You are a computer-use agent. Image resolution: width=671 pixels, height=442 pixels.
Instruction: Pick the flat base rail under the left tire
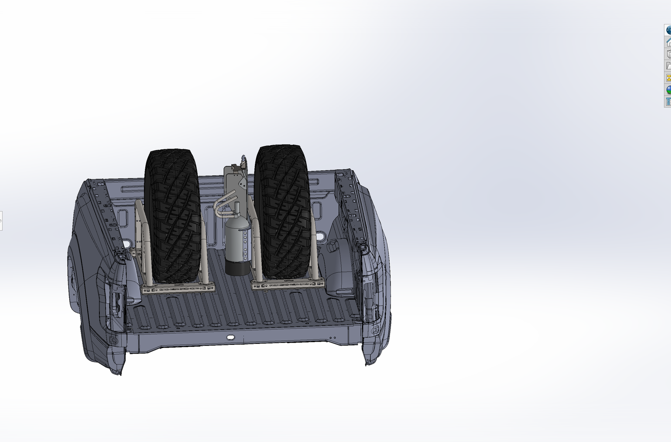[178, 289]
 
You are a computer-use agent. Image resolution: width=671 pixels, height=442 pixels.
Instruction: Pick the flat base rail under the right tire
[288, 284]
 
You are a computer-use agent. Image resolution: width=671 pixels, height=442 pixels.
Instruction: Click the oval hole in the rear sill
[230, 337]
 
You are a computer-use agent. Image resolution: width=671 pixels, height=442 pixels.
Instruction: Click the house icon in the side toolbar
[668, 42]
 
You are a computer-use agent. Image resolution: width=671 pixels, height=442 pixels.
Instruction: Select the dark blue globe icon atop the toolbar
[668, 30]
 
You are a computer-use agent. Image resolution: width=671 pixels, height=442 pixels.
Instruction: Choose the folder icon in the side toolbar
[668, 66]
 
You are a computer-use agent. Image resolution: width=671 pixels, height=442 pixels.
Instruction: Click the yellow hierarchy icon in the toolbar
[668, 78]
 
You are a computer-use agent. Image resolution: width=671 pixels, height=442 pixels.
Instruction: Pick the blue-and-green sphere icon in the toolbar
[668, 90]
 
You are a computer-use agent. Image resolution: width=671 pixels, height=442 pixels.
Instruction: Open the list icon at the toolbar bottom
[668, 101]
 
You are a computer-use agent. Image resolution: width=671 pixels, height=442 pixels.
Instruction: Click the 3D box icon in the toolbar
[668, 54]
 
